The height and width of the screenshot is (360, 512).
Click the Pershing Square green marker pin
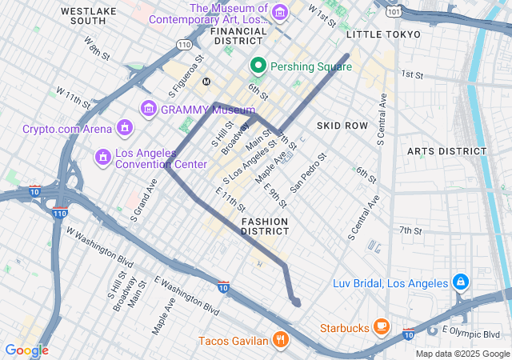[258, 66]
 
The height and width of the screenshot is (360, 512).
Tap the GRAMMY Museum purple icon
[148, 109]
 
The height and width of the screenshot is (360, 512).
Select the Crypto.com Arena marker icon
[124, 128]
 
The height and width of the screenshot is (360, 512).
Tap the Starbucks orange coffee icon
[381, 327]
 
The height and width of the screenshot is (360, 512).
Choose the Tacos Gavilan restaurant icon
[279, 340]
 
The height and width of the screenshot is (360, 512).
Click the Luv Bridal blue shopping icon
[461, 282]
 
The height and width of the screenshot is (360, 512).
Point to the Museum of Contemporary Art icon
[279, 13]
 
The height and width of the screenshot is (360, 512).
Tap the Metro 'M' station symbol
[206, 82]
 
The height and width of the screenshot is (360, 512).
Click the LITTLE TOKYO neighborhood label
[383, 34]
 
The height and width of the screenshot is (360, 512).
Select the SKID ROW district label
[342, 126]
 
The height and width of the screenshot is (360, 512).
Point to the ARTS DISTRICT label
[446, 151]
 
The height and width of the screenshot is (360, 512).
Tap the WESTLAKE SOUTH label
[88, 16]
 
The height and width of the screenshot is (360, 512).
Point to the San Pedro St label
[308, 173]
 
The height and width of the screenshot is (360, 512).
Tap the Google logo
[26, 350]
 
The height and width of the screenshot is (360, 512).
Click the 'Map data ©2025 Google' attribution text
[462, 354]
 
